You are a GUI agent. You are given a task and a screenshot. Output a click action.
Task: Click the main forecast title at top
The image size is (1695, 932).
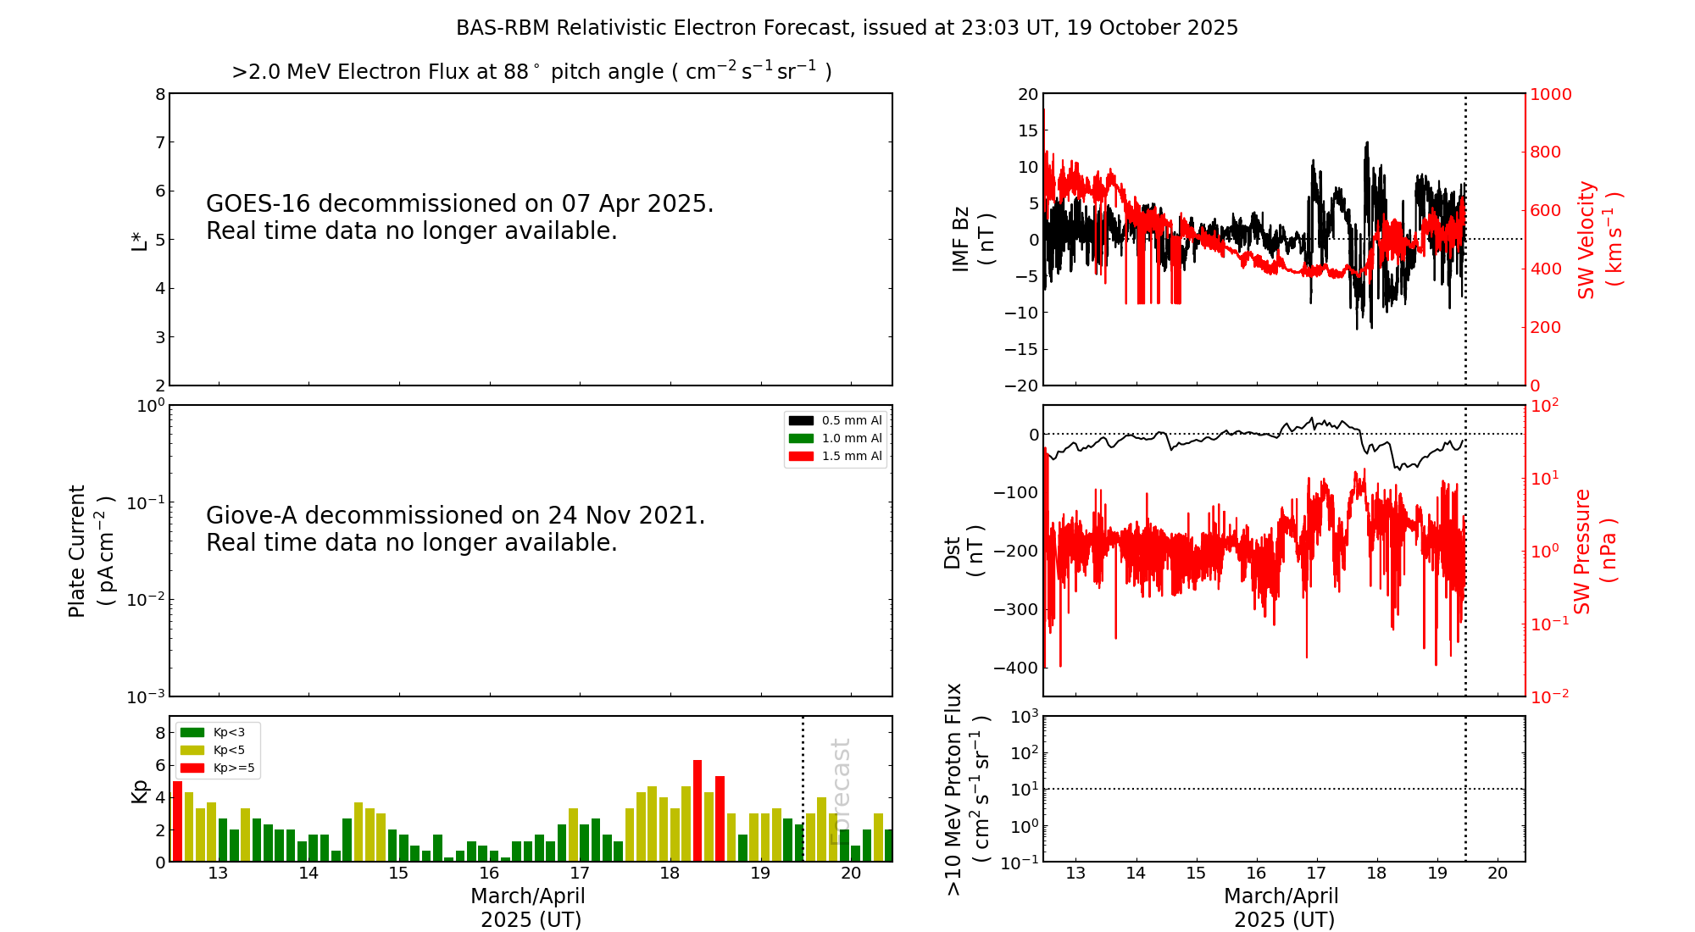847,28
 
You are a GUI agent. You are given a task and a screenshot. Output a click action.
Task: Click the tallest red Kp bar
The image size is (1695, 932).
697,810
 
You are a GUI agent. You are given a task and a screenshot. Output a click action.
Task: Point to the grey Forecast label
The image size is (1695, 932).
840,791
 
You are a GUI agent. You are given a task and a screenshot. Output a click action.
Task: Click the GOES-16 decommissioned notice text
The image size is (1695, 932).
459,217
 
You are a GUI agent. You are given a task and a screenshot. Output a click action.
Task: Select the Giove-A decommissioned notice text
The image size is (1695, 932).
455,529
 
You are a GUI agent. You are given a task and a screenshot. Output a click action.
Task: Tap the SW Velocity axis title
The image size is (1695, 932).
1598,240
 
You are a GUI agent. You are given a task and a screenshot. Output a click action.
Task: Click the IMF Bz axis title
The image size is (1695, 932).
973,239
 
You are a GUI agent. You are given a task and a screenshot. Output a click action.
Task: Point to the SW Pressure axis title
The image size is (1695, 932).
1595,551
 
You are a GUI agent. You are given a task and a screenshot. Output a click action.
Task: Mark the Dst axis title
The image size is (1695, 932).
964,551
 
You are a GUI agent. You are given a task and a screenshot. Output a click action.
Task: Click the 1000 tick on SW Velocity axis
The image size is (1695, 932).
1550,94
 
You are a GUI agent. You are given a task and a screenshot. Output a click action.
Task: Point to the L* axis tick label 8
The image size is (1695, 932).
160,94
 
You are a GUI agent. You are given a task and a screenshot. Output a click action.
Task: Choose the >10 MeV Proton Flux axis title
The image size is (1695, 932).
968,789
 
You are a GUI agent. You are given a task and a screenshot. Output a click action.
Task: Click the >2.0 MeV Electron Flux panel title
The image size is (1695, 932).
531,71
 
